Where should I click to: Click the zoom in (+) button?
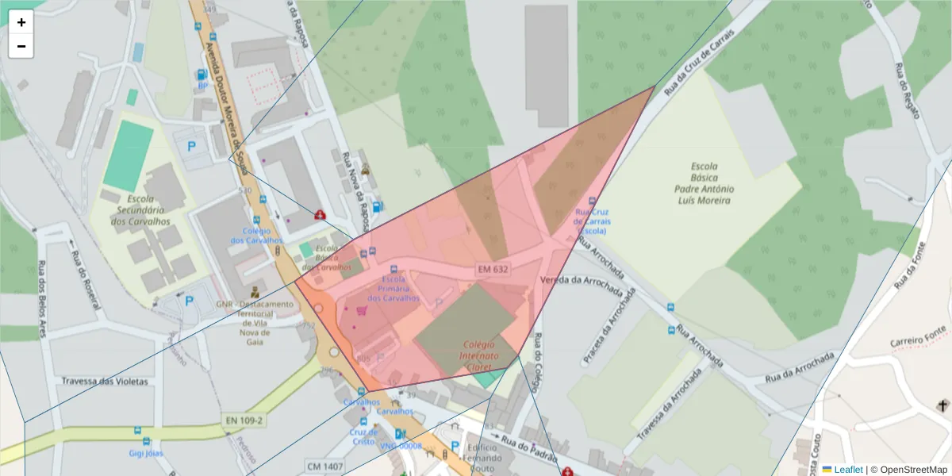point(21,22)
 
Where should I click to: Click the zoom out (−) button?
point(21,46)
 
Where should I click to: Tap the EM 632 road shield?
point(493,270)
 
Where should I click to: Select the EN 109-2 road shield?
point(244,420)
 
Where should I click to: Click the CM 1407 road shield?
point(324,466)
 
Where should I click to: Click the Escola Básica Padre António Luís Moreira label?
point(704,183)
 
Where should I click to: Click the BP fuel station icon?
point(202,75)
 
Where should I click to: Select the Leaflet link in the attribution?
point(847,470)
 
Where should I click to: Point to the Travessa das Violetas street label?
point(105,381)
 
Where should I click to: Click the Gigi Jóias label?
point(146,453)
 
